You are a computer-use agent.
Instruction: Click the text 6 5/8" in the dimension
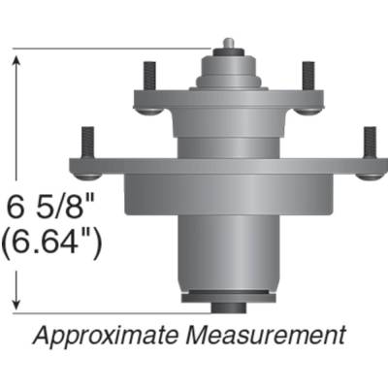click(x=53, y=206)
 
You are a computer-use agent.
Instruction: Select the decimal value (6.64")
click(x=54, y=241)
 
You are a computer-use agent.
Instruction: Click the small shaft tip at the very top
click(x=227, y=44)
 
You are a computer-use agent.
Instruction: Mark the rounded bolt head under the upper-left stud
click(x=147, y=107)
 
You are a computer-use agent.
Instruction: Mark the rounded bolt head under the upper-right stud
click(x=307, y=107)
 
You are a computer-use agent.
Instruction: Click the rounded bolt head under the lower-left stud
click(x=86, y=173)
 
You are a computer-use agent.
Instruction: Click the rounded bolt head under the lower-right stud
click(x=369, y=173)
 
